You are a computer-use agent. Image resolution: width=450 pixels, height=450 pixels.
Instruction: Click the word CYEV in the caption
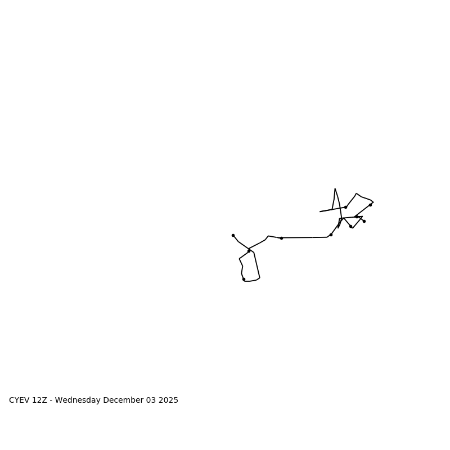pyautogui.click(x=20, y=400)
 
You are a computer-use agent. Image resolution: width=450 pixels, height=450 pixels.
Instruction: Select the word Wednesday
pyautogui.click(x=78, y=400)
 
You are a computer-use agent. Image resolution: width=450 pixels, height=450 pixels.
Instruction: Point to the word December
pyautogui.click(x=122, y=400)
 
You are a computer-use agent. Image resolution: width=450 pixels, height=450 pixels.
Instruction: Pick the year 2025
pyautogui.click(x=168, y=400)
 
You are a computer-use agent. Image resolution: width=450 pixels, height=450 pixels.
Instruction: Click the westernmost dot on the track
pyautogui.click(x=233, y=235)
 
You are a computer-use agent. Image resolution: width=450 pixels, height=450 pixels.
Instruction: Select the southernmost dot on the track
pyautogui.click(x=244, y=279)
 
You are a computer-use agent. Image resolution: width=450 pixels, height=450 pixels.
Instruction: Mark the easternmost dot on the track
pyautogui.click(x=370, y=205)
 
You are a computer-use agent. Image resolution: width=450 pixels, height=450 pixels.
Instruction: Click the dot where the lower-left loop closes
pyautogui.click(x=249, y=251)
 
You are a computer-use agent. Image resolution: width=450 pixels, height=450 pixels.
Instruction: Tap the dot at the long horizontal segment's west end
pyautogui.click(x=281, y=238)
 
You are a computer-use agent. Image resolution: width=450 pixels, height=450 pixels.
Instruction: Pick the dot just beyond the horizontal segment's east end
pyautogui.click(x=331, y=235)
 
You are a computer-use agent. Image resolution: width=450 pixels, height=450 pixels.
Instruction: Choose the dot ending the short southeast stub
pyautogui.click(x=364, y=221)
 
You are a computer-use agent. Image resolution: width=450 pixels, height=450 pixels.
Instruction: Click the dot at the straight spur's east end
pyautogui.click(x=345, y=207)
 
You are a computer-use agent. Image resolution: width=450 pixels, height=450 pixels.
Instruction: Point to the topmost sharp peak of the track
pyautogui.click(x=335, y=189)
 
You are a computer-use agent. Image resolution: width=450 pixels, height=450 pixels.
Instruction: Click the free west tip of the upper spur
pyautogui.click(x=320, y=211)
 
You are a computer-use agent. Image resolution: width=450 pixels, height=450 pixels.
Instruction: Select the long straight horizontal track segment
pyautogui.click(x=304, y=237)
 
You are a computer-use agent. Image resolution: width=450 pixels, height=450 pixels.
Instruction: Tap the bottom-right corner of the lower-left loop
pyautogui.click(x=259, y=277)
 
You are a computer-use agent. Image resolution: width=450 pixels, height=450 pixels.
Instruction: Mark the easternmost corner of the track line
pyautogui.click(x=373, y=202)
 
